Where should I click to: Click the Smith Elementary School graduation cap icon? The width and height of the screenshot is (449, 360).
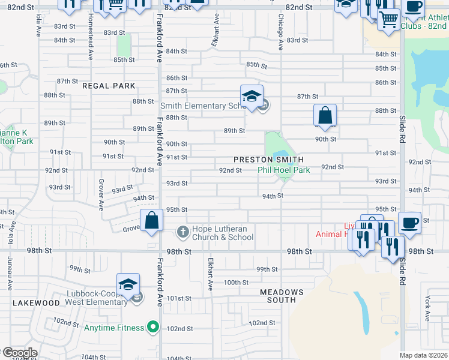252,96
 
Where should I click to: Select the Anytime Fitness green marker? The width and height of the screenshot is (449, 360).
153,328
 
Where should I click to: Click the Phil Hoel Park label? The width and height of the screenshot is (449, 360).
284,170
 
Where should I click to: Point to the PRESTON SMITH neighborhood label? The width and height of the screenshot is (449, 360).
268,160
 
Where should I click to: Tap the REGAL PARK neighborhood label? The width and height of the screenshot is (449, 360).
109,86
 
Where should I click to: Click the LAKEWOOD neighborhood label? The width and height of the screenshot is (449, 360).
36,303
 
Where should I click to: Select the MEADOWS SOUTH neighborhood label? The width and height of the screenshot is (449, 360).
282,296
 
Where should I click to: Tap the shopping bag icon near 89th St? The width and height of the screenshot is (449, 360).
325,115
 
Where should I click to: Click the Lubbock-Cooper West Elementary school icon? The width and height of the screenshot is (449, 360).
128,284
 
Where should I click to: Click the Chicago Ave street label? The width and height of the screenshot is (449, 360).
281,33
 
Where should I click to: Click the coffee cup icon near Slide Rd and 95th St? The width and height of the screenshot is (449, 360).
409,223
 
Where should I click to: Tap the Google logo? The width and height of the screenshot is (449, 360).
19,353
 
